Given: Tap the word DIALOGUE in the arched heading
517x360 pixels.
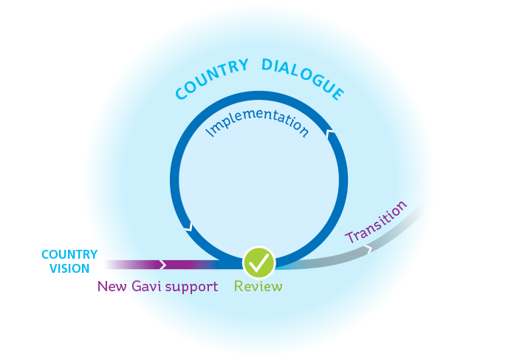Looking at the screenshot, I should tap(304, 77).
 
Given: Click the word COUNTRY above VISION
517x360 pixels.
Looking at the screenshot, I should tap(69, 254).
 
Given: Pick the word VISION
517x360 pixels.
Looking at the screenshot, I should tap(69, 269).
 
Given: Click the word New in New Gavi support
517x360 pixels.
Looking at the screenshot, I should tap(112, 286).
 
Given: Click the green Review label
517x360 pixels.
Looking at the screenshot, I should tap(258, 286).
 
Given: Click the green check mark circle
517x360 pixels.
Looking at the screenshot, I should tap(259, 262).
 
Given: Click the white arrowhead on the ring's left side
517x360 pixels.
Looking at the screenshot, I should tap(189, 226).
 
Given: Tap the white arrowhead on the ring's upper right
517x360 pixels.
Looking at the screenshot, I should tap(329, 135).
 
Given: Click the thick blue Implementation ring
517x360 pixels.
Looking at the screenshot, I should tap(176, 177).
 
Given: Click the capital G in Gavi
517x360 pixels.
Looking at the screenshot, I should tap(137, 286).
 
